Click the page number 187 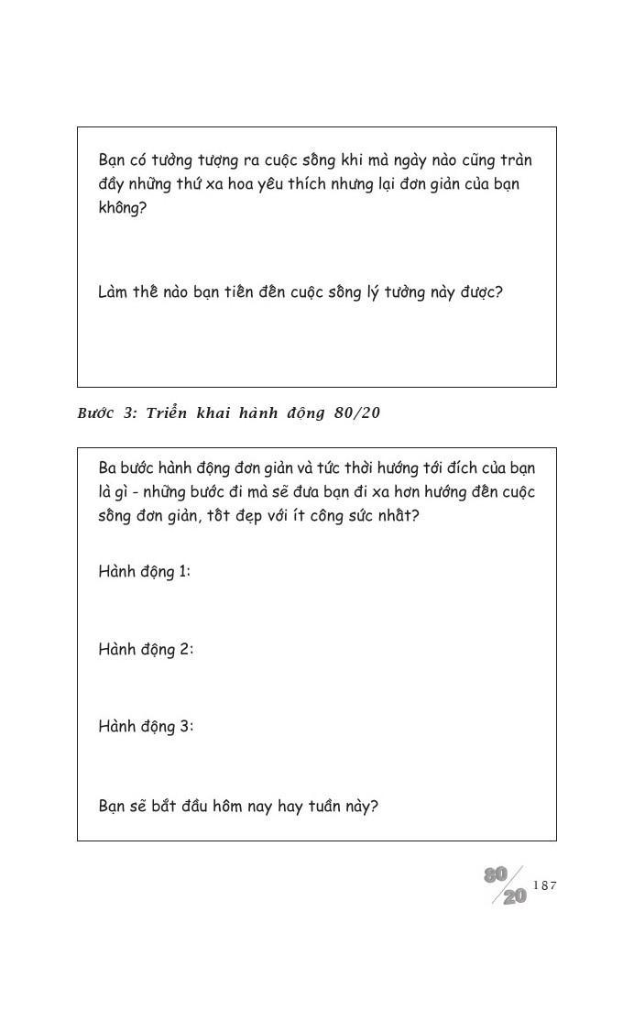pos(544,885)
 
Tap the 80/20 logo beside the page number pos(506,886)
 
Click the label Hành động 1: pos(144,572)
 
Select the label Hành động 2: pos(146,650)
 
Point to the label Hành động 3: pos(146,727)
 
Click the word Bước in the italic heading pos(95,413)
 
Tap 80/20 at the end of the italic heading pos(357,413)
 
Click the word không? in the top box pos(122,208)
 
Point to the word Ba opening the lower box pos(108,467)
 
